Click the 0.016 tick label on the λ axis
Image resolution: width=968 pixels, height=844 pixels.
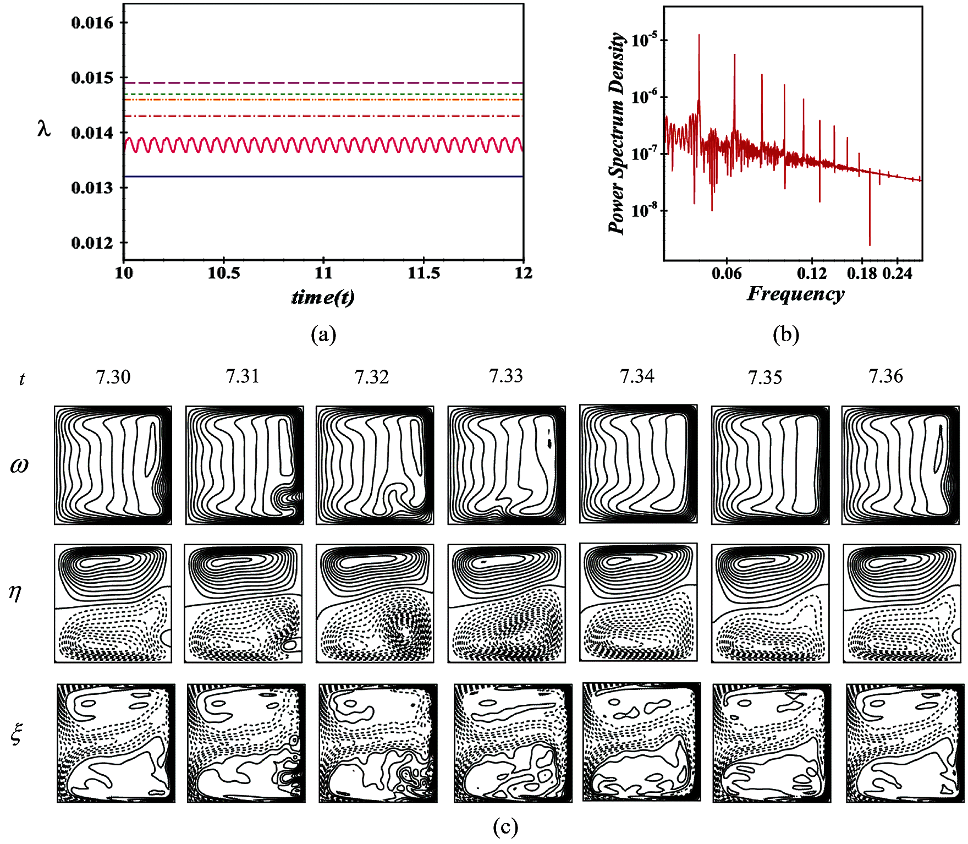[92, 23]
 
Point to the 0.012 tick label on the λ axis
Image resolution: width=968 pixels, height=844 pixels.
[92, 243]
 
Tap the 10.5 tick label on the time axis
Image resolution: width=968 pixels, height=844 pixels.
[224, 273]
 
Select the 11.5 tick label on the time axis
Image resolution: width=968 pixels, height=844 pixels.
[424, 273]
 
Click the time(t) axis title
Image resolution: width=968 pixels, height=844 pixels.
[323, 297]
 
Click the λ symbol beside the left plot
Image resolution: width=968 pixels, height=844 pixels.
[44, 129]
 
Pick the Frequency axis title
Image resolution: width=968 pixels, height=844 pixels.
[795, 293]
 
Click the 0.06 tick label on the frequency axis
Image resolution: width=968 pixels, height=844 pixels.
[727, 273]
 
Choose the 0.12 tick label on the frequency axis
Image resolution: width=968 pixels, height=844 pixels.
[812, 273]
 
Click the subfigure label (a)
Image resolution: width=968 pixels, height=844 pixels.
[323, 334]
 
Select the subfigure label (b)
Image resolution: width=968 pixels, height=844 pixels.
[786, 334]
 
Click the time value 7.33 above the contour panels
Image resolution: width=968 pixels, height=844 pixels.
[506, 376]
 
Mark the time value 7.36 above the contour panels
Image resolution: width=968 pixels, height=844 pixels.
[886, 376]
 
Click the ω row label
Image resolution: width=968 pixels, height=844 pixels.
[19, 465]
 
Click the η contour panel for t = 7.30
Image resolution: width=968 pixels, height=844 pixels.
[113, 604]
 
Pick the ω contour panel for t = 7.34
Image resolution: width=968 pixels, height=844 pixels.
[639, 464]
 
